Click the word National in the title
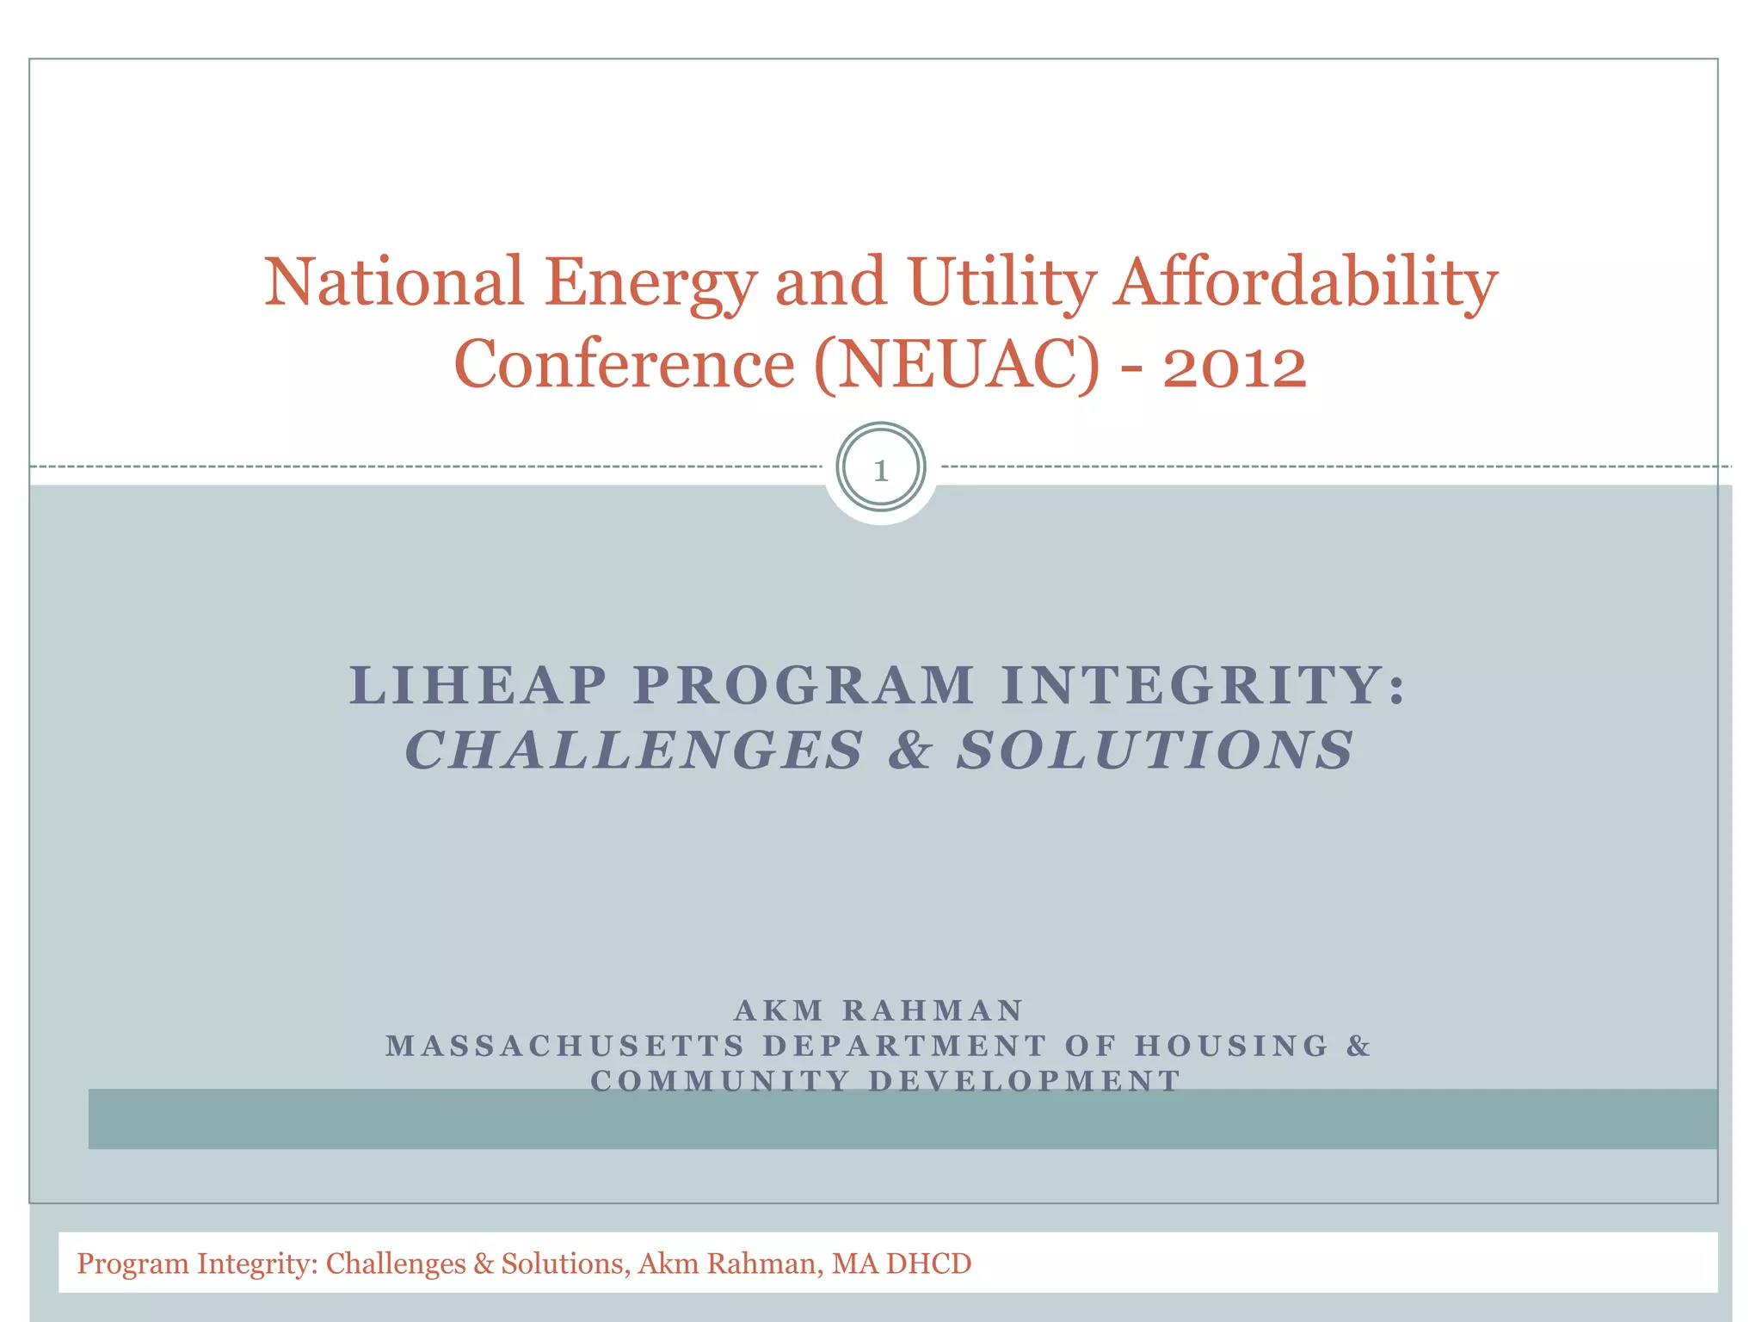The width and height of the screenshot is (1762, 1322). click(x=393, y=281)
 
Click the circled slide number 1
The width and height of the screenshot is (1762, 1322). click(x=880, y=470)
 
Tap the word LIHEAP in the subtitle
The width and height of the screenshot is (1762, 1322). click(x=478, y=686)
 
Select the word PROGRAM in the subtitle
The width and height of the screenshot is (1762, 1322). click(x=804, y=686)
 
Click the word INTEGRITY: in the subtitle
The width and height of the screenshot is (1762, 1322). click(x=1204, y=686)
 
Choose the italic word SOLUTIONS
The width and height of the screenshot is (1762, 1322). click(x=1155, y=750)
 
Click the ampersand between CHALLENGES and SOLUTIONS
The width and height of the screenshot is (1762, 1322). click(x=910, y=750)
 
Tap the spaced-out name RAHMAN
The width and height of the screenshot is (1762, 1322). click(x=933, y=1010)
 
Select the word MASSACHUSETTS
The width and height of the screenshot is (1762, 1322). click(x=565, y=1046)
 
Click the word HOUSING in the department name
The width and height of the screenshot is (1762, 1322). click(x=1232, y=1046)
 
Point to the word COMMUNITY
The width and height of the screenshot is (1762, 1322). click(x=720, y=1081)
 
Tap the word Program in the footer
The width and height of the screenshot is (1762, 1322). click(x=132, y=1263)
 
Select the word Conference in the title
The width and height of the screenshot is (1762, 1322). click(x=624, y=364)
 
